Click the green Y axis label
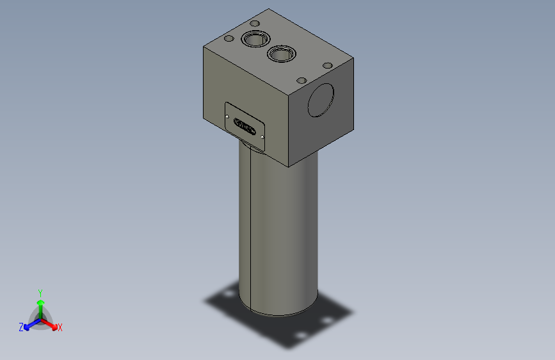40,291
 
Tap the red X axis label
60,327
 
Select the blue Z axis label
21,327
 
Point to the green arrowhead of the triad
40,302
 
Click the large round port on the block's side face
321,99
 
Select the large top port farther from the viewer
253,40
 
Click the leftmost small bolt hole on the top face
228,39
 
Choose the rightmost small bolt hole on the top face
327,65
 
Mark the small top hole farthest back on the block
254,24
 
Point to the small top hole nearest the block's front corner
302,81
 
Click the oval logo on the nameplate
245,126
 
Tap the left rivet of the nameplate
229,115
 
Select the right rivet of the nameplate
262,136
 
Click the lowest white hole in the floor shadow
298,336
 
